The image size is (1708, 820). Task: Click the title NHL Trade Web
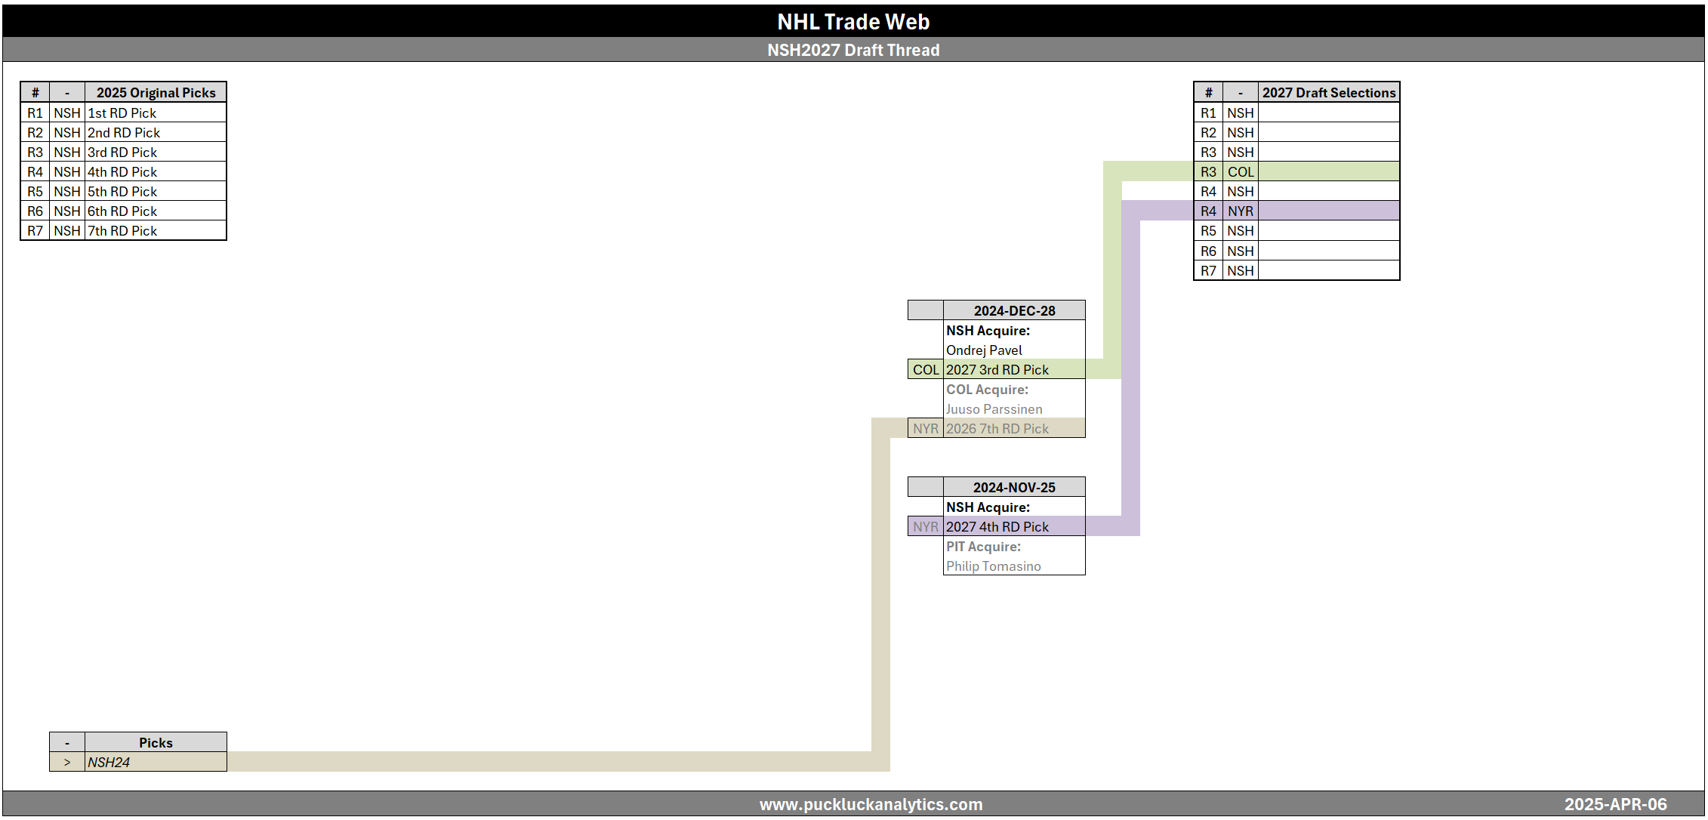pyautogui.click(x=853, y=22)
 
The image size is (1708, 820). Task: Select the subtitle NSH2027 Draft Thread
pyautogui.click(x=853, y=50)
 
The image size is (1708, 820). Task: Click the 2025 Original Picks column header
pyautogui.click(x=156, y=92)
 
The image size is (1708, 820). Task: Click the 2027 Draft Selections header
pyautogui.click(x=1329, y=92)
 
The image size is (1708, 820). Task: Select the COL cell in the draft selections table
pyautogui.click(x=1241, y=171)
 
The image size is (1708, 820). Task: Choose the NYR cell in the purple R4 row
pyautogui.click(x=1241, y=211)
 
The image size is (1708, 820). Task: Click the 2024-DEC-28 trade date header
pyautogui.click(x=1014, y=310)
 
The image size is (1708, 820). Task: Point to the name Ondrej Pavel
pyautogui.click(x=984, y=350)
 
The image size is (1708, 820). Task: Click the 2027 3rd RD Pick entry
pyautogui.click(x=997, y=369)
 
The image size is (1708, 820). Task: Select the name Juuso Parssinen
pyautogui.click(x=994, y=408)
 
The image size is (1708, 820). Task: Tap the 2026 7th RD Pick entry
pyautogui.click(x=997, y=428)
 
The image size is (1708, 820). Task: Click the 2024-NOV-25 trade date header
pyautogui.click(x=1014, y=487)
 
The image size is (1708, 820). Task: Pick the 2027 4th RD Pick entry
pyautogui.click(x=997, y=526)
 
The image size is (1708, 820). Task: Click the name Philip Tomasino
pyautogui.click(x=994, y=566)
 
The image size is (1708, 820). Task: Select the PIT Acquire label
pyautogui.click(x=984, y=546)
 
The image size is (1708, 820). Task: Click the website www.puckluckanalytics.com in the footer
pyautogui.click(x=871, y=804)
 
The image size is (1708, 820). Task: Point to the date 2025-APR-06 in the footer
pyautogui.click(x=1615, y=804)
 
